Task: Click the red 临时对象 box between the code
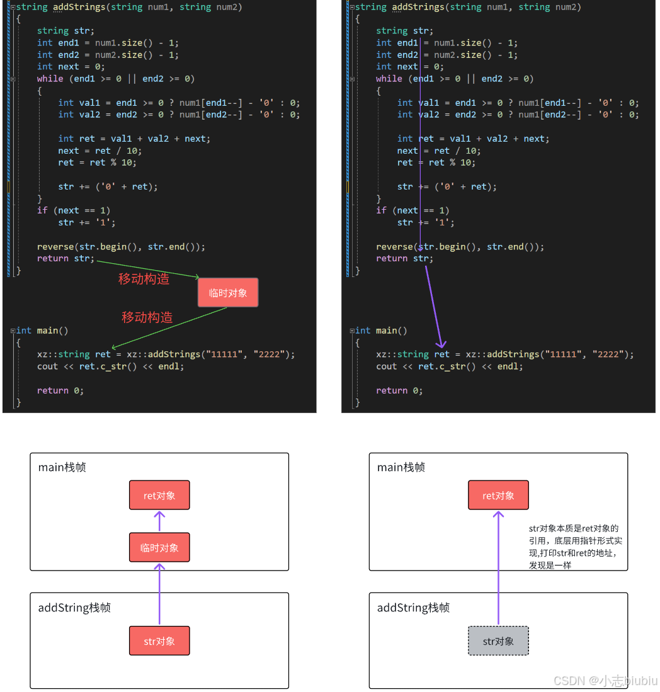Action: (228, 293)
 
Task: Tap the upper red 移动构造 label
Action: (144, 279)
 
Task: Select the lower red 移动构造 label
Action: (147, 317)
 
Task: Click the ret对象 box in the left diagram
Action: (159, 496)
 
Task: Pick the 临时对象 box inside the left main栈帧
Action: (159, 548)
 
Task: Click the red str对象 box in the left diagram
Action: (159, 641)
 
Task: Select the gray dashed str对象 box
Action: (498, 641)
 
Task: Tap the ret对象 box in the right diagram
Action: (498, 496)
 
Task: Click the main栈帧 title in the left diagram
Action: (62, 467)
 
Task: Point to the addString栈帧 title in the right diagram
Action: (413, 608)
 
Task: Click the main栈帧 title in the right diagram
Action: (401, 467)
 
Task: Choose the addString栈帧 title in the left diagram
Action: (74, 608)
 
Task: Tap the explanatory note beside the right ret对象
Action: (576, 547)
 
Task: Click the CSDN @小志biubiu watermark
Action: (605, 681)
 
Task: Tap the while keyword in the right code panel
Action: (389, 79)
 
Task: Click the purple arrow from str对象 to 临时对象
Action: (159, 595)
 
